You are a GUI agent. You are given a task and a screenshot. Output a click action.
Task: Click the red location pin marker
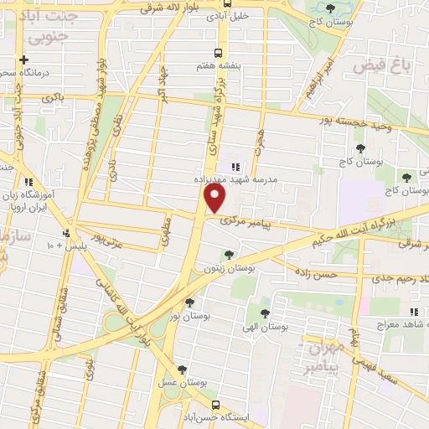[x=215, y=199]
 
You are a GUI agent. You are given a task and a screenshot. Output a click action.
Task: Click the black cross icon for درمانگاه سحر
[x=24, y=60]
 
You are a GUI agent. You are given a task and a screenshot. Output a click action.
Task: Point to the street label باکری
[x=51, y=98]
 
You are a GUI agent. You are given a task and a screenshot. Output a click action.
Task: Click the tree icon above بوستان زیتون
[x=228, y=254]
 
